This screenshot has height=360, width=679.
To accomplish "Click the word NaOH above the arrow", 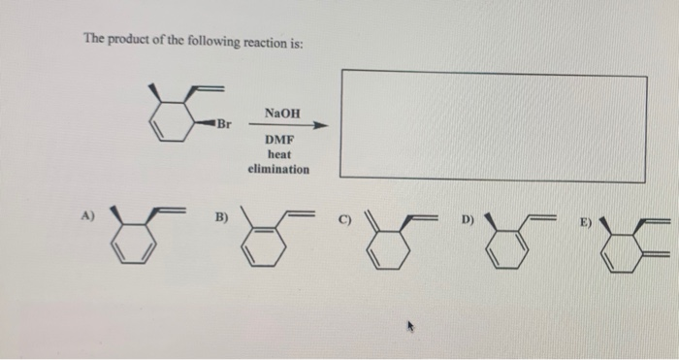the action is coord(281,114).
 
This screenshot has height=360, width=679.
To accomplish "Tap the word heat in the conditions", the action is coord(279,154).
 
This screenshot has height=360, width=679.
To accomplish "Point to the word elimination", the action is coord(278,169).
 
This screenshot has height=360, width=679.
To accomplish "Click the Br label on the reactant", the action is coord(224,124).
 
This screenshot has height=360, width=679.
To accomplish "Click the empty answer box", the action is coord(492,125).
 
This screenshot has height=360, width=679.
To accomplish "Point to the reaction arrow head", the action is coord(322,125).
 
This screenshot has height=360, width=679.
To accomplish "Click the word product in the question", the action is coord(128,40).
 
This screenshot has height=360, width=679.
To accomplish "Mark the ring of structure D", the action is coord(505,246).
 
